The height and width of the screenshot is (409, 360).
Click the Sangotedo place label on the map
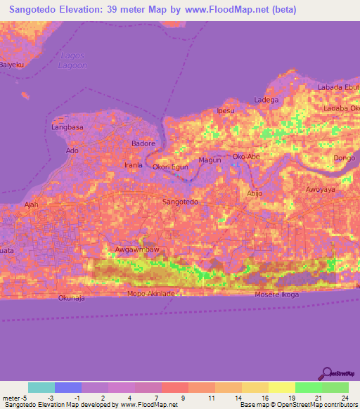[181, 202]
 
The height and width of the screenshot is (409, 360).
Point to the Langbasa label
[67, 127]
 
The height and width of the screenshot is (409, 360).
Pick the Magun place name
[210, 160]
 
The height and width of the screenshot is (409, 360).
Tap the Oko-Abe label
[247, 156]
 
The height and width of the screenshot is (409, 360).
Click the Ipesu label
[226, 111]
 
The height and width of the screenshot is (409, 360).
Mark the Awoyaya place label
[321, 190]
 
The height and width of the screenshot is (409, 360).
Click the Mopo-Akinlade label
[150, 293]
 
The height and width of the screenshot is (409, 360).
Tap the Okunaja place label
[72, 298]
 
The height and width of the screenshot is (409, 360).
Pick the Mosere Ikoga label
[281, 294]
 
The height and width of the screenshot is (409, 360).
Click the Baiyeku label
[12, 65]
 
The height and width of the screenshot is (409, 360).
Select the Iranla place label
[134, 165]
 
